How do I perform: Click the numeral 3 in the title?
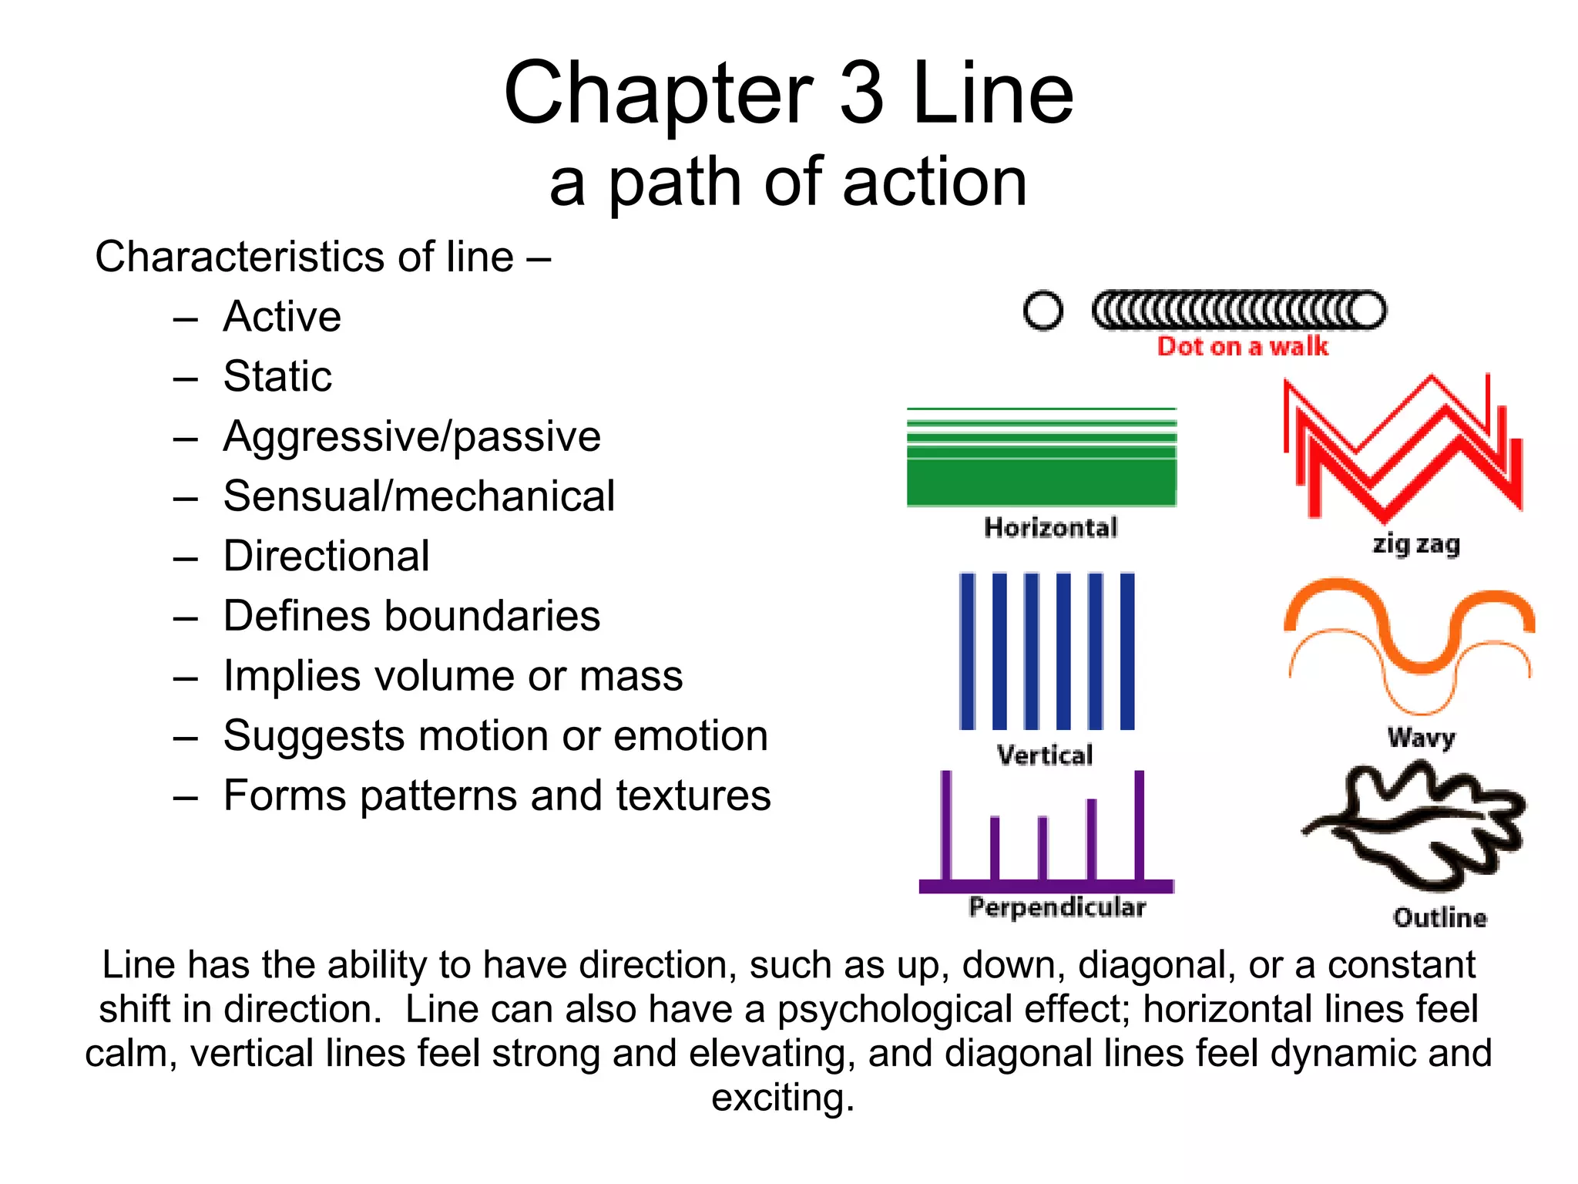point(861,93)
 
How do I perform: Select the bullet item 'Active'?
point(282,316)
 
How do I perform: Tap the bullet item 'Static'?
point(277,376)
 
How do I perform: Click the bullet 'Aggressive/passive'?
point(411,436)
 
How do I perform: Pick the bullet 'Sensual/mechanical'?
point(419,496)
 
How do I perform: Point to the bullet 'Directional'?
point(326,556)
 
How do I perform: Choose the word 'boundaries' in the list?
point(492,616)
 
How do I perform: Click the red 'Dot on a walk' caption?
point(1242,347)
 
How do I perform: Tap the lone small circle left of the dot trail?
point(1043,311)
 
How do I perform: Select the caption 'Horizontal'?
point(1050,528)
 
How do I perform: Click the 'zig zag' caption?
point(1416,544)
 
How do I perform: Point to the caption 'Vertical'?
point(1045,755)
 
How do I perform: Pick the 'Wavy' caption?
point(1421,738)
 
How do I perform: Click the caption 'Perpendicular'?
point(1057,907)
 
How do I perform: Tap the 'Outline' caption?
point(1439,918)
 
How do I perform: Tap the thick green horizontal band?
point(1042,482)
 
